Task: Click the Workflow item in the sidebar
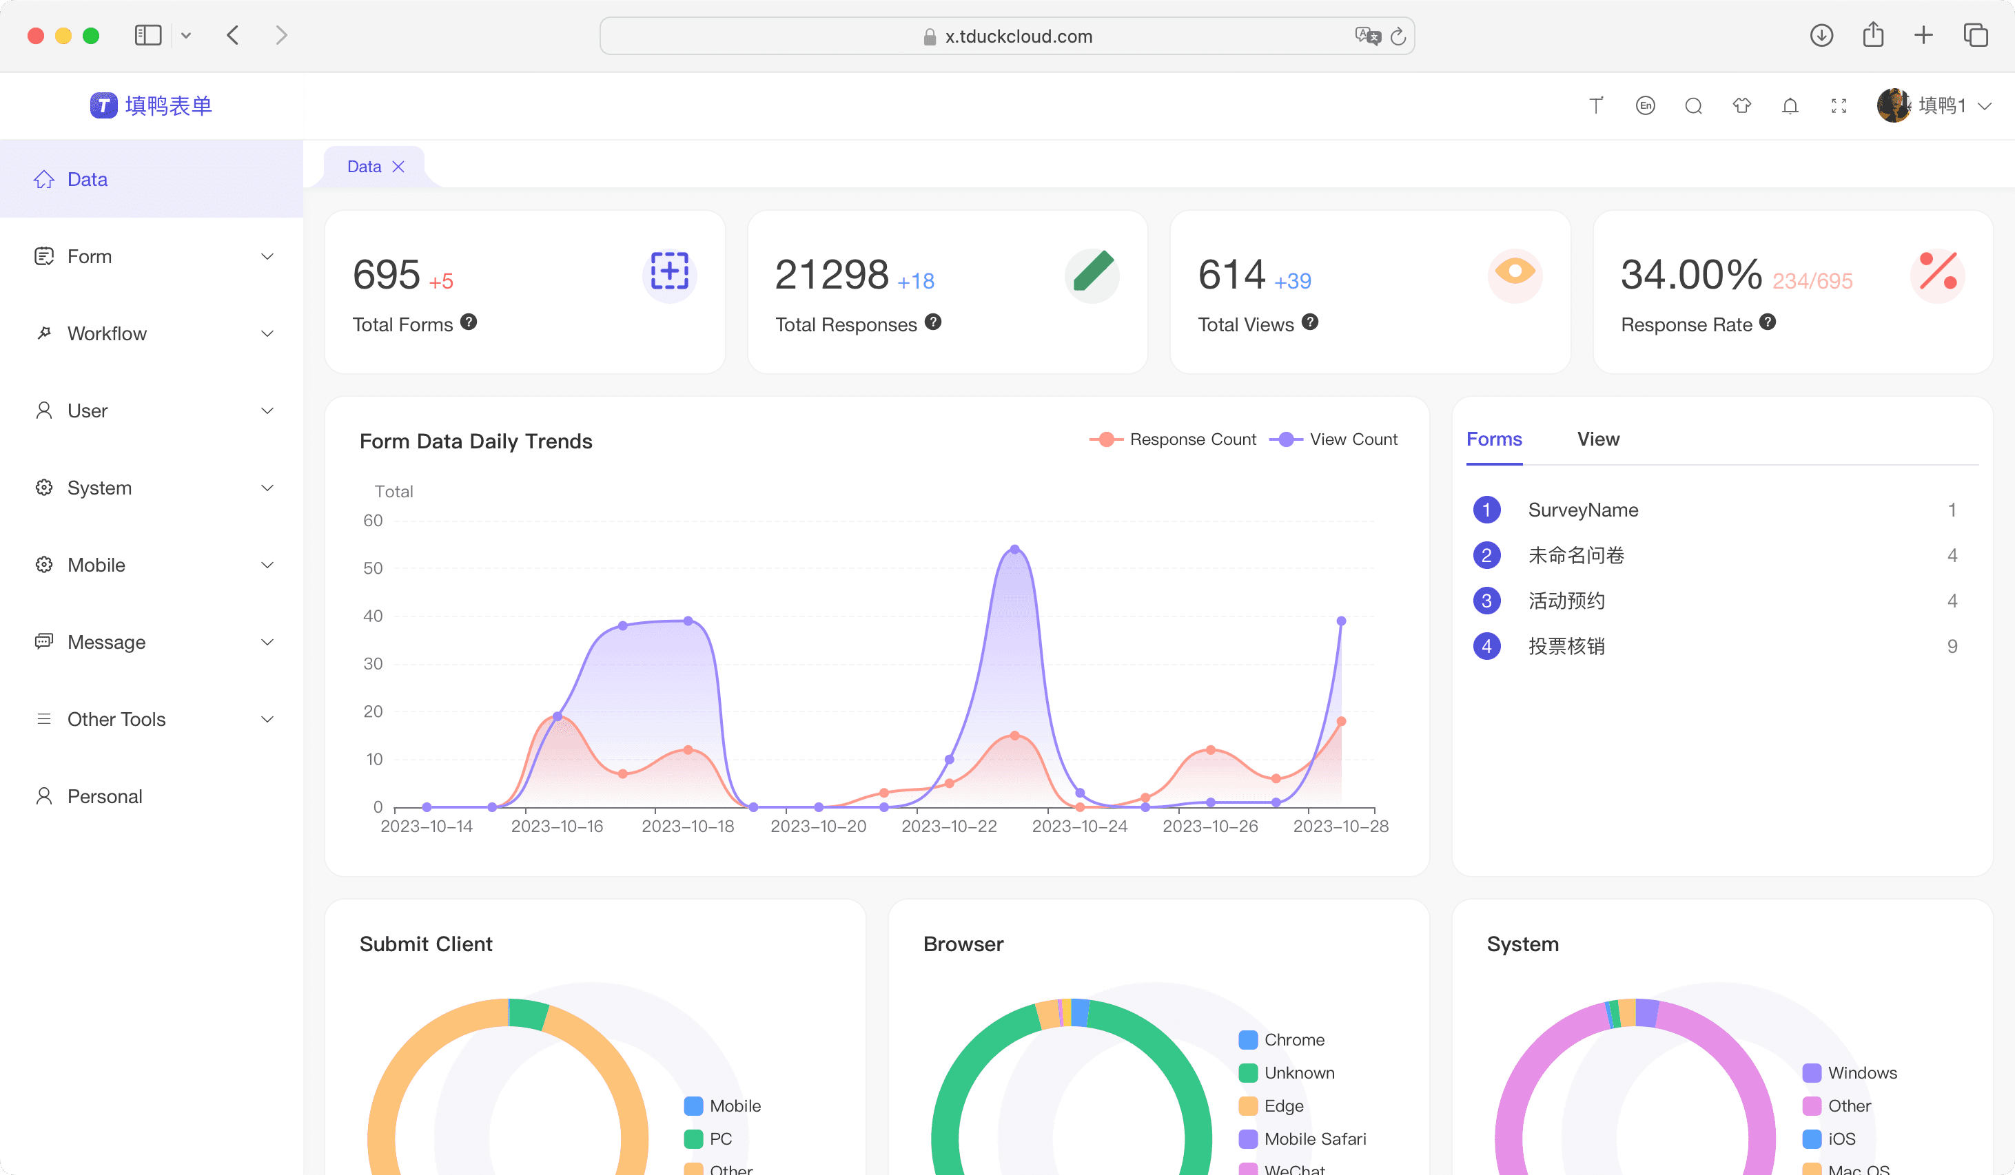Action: click(107, 333)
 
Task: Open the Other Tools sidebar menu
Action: click(116, 719)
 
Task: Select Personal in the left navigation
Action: click(105, 796)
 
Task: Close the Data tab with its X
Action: click(398, 166)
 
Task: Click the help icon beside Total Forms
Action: click(469, 322)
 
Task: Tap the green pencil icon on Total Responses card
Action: click(1092, 274)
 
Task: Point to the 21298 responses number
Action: click(832, 274)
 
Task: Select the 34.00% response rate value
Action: click(1691, 274)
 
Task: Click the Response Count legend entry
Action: click(1173, 439)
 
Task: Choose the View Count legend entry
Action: click(1333, 439)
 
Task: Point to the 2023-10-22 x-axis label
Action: click(949, 826)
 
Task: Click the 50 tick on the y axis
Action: click(373, 568)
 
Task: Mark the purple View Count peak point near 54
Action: click(1014, 549)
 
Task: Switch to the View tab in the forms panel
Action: click(1598, 439)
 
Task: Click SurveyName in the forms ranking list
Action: click(1583, 510)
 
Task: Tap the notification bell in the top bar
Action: click(1790, 105)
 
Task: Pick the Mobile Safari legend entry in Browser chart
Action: click(1302, 1139)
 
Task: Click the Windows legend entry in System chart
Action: click(1850, 1072)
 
